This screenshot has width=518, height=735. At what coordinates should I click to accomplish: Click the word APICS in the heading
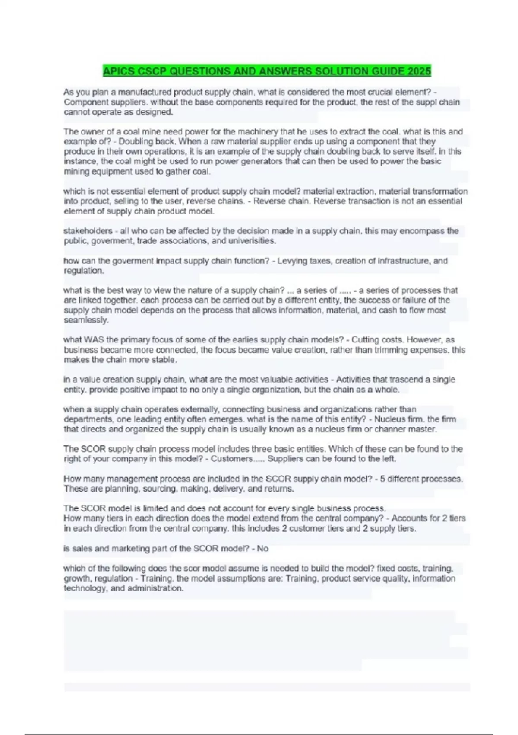click(118, 71)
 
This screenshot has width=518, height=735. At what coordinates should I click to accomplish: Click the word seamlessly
click(86, 320)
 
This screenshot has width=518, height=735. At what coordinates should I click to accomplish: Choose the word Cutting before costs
click(365, 340)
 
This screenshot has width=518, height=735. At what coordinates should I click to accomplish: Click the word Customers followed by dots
click(231, 459)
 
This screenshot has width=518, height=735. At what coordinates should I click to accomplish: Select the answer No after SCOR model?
click(262, 549)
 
